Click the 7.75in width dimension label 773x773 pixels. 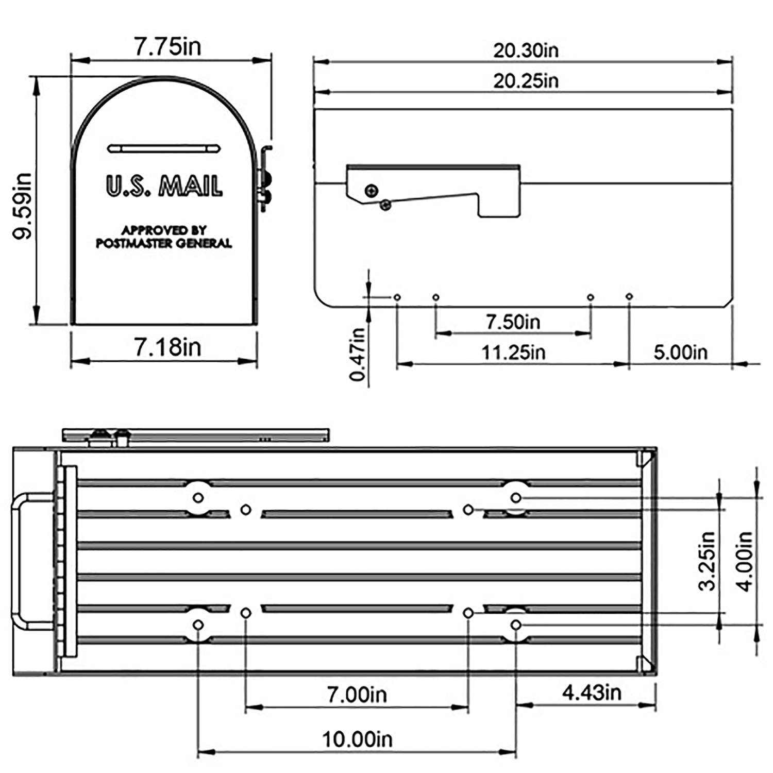click(167, 46)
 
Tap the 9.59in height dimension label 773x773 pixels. click(23, 206)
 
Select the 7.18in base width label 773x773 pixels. click(167, 347)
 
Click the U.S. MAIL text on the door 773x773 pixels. click(164, 186)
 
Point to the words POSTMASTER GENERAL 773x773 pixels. click(164, 243)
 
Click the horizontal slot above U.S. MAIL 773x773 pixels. click(164, 148)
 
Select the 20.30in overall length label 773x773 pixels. click(526, 51)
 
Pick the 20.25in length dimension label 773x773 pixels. click(526, 81)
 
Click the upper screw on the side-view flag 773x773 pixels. click(371, 191)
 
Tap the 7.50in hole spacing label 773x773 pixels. click(513, 322)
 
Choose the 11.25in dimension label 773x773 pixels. click(513, 352)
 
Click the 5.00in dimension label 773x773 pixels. click(680, 352)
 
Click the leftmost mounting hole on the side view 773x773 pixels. click(397, 297)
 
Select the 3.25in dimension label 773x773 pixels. click(707, 561)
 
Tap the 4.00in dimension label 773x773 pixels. click(745, 561)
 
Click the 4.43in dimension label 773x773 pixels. click(592, 692)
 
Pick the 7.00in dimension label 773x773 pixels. click(357, 694)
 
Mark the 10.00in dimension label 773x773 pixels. click(357, 739)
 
